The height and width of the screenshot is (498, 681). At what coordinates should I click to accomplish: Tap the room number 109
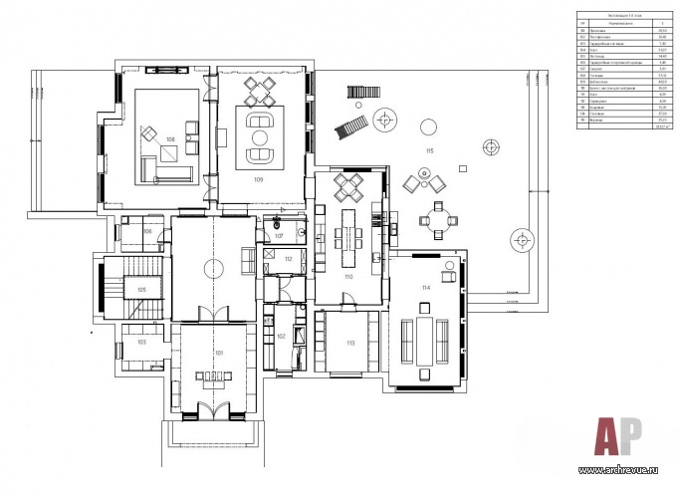click(x=258, y=180)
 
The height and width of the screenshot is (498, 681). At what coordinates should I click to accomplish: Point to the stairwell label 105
click(x=142, y=289)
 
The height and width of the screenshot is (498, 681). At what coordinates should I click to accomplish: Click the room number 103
click(x=141, y=342)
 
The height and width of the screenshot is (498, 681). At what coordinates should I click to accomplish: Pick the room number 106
click(x=146, y=231)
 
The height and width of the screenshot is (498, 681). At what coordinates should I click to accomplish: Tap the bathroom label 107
click(x=281, y=236)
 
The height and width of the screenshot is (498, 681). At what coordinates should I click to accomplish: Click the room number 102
click(x=281, y=337)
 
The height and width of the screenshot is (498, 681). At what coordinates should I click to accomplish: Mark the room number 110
click(x=348, y=276)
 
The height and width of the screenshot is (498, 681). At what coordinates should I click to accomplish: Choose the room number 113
click(x=350, y=343)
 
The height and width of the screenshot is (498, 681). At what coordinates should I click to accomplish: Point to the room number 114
click(x=425, y=288)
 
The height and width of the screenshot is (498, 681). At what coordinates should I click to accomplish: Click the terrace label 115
click(x=429, y=150)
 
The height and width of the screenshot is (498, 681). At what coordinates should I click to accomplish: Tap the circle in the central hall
click(x=212, y=267)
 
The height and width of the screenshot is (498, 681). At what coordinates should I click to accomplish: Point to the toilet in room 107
click(x=273, y=225)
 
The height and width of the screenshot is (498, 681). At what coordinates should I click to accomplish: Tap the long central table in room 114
click(x=425, y=339)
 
